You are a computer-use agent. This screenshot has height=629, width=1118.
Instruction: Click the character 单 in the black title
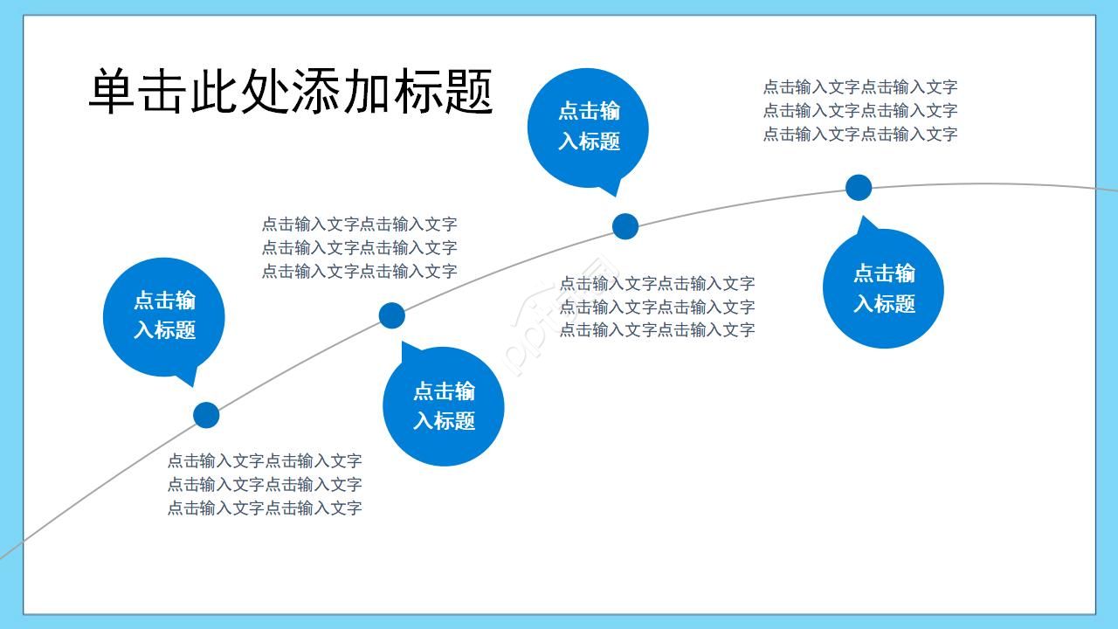point(112,92)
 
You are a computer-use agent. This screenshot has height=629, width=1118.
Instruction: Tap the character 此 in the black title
point(213,92)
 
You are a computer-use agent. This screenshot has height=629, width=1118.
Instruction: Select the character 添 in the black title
point(315,92)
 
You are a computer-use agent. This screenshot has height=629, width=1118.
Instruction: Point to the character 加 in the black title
point(365,92)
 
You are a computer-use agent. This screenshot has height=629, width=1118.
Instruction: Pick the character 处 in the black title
point(265,92)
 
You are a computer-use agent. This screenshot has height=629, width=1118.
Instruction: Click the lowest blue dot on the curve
point(206,415)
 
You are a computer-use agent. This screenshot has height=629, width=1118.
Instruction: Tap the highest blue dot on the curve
point(859,188)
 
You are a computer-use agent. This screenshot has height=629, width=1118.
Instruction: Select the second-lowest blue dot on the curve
point(392,315)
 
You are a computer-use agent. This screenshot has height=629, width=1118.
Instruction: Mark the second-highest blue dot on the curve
point(625,226)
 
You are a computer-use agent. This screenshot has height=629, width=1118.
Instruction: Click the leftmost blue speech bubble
point(163,317)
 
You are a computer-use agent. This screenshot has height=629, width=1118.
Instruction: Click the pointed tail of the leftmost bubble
point(193,386)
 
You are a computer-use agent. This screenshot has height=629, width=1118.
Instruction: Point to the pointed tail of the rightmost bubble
point(862,216)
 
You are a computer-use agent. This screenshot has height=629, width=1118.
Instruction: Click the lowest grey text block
point(265,484)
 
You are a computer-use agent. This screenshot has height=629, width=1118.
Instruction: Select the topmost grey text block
point(860,110)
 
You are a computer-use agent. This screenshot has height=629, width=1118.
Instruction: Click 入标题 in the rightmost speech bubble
point(884,303)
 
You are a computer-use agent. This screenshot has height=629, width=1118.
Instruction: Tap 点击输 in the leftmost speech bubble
point(164,301)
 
